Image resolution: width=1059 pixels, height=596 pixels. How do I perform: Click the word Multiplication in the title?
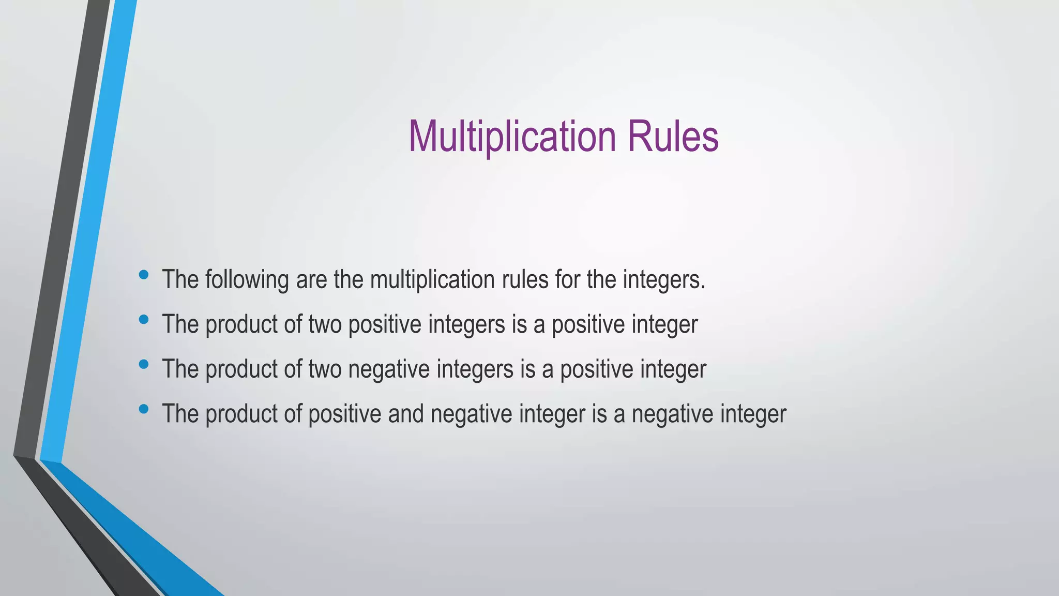512,137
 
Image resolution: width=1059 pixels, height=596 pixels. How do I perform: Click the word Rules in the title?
673,137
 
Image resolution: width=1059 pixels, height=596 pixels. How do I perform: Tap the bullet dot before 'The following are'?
144,275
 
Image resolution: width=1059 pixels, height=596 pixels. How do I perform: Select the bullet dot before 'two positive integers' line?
144,320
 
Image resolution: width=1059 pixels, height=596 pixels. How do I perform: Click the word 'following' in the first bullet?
247,280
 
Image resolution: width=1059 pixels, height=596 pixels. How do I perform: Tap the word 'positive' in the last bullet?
344,414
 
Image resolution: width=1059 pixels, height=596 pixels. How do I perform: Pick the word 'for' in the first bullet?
567,280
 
